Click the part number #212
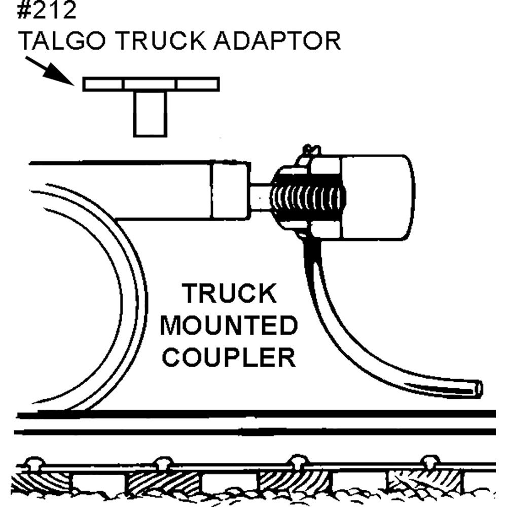[47, 11]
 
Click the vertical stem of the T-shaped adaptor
[150, 114]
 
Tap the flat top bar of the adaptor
[151, 84]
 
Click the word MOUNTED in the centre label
[228, 327]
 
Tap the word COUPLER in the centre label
[231, 356]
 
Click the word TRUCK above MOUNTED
[230, 294]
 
